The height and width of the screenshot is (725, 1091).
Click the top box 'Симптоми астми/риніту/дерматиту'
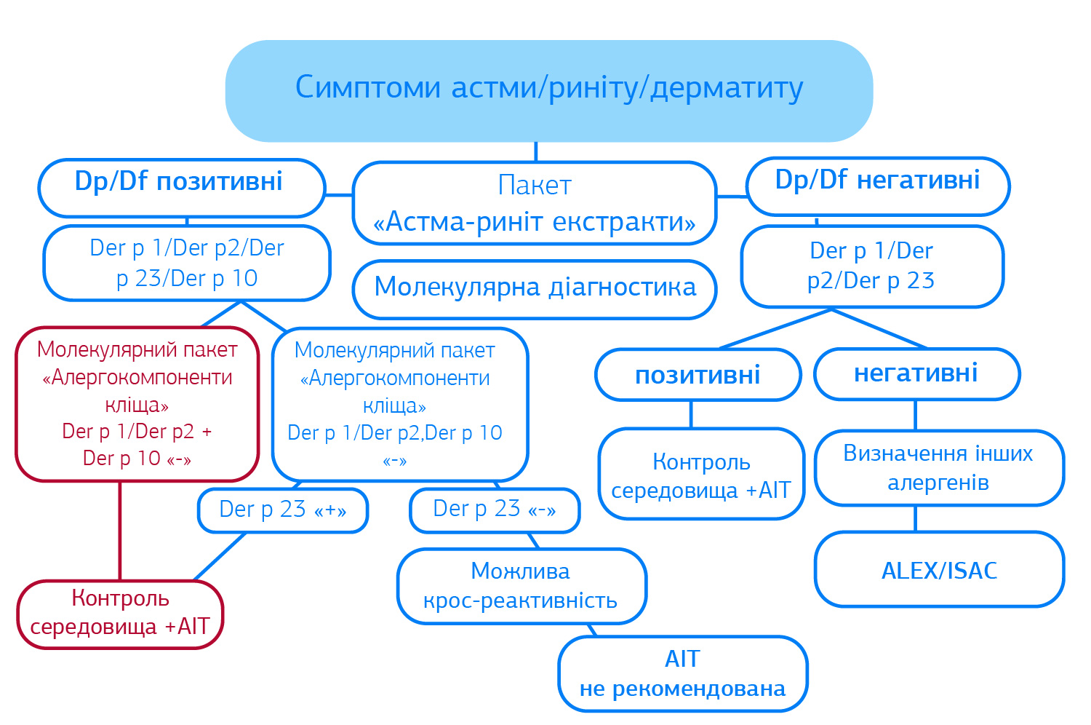point(549,91)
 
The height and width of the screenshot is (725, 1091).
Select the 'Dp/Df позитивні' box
point(182,188)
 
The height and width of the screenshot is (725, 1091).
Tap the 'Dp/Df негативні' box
point(878,186)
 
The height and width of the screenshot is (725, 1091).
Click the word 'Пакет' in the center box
point(535,186)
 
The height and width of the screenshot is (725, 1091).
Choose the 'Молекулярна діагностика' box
point(535,289)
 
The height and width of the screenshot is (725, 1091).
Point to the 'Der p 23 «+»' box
point(283,510)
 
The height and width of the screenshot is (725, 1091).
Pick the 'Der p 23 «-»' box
point(495,510)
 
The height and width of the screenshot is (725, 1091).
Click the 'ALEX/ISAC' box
point(940,569)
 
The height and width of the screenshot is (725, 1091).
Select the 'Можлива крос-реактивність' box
point(521,586)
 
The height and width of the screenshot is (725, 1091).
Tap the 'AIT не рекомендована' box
point(683,674)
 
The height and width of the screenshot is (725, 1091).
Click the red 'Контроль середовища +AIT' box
point(120,614)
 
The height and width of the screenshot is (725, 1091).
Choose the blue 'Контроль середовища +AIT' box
point(701,474)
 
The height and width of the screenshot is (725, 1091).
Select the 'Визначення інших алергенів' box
point(940,468)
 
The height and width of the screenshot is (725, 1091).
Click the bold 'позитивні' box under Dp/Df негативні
point(698,374)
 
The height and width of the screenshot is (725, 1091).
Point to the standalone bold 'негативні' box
point(916,373)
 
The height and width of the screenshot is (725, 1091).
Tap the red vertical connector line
point(120,531)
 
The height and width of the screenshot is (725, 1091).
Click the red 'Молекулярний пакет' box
point(137,404)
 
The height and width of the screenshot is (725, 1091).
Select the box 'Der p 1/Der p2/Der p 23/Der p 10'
point(187,264)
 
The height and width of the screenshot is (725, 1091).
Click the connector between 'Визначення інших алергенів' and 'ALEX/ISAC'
point(916,519)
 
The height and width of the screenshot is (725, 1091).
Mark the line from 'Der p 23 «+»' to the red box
point(220,557)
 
